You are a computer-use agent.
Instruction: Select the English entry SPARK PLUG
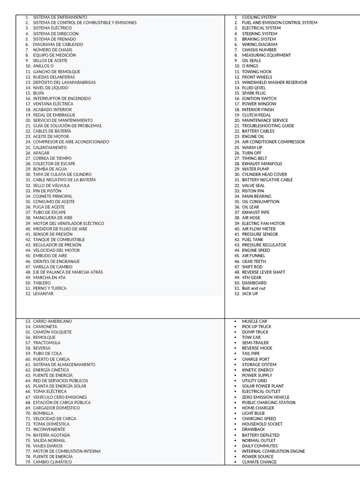(x=254, y=93)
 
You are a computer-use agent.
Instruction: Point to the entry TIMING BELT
(x=254, y=158)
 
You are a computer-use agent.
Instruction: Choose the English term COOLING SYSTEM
(x=259, y=17)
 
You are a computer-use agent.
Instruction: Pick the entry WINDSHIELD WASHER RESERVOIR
(x=274, y=82)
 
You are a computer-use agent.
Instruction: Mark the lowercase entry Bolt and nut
(x=253, y=288)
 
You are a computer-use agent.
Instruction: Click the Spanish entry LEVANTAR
(x=43, y=294)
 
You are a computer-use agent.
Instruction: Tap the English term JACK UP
(x=250, y=294)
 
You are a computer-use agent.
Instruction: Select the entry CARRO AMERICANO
(x=52, y=321)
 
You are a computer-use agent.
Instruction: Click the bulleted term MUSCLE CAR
(x=254, y=321)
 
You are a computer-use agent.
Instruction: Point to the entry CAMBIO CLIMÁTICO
(x=52, y=462)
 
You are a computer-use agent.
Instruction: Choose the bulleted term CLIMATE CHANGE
(x=259, y=462)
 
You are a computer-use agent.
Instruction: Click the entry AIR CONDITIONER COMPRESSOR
(x=273, y=142)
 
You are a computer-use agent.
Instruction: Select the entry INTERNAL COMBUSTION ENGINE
(x=273, y=451)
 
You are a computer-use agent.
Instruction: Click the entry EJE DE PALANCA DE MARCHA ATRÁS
(x=67, y=272)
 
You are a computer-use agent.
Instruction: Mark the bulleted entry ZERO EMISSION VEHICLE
(x=265, y=397)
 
